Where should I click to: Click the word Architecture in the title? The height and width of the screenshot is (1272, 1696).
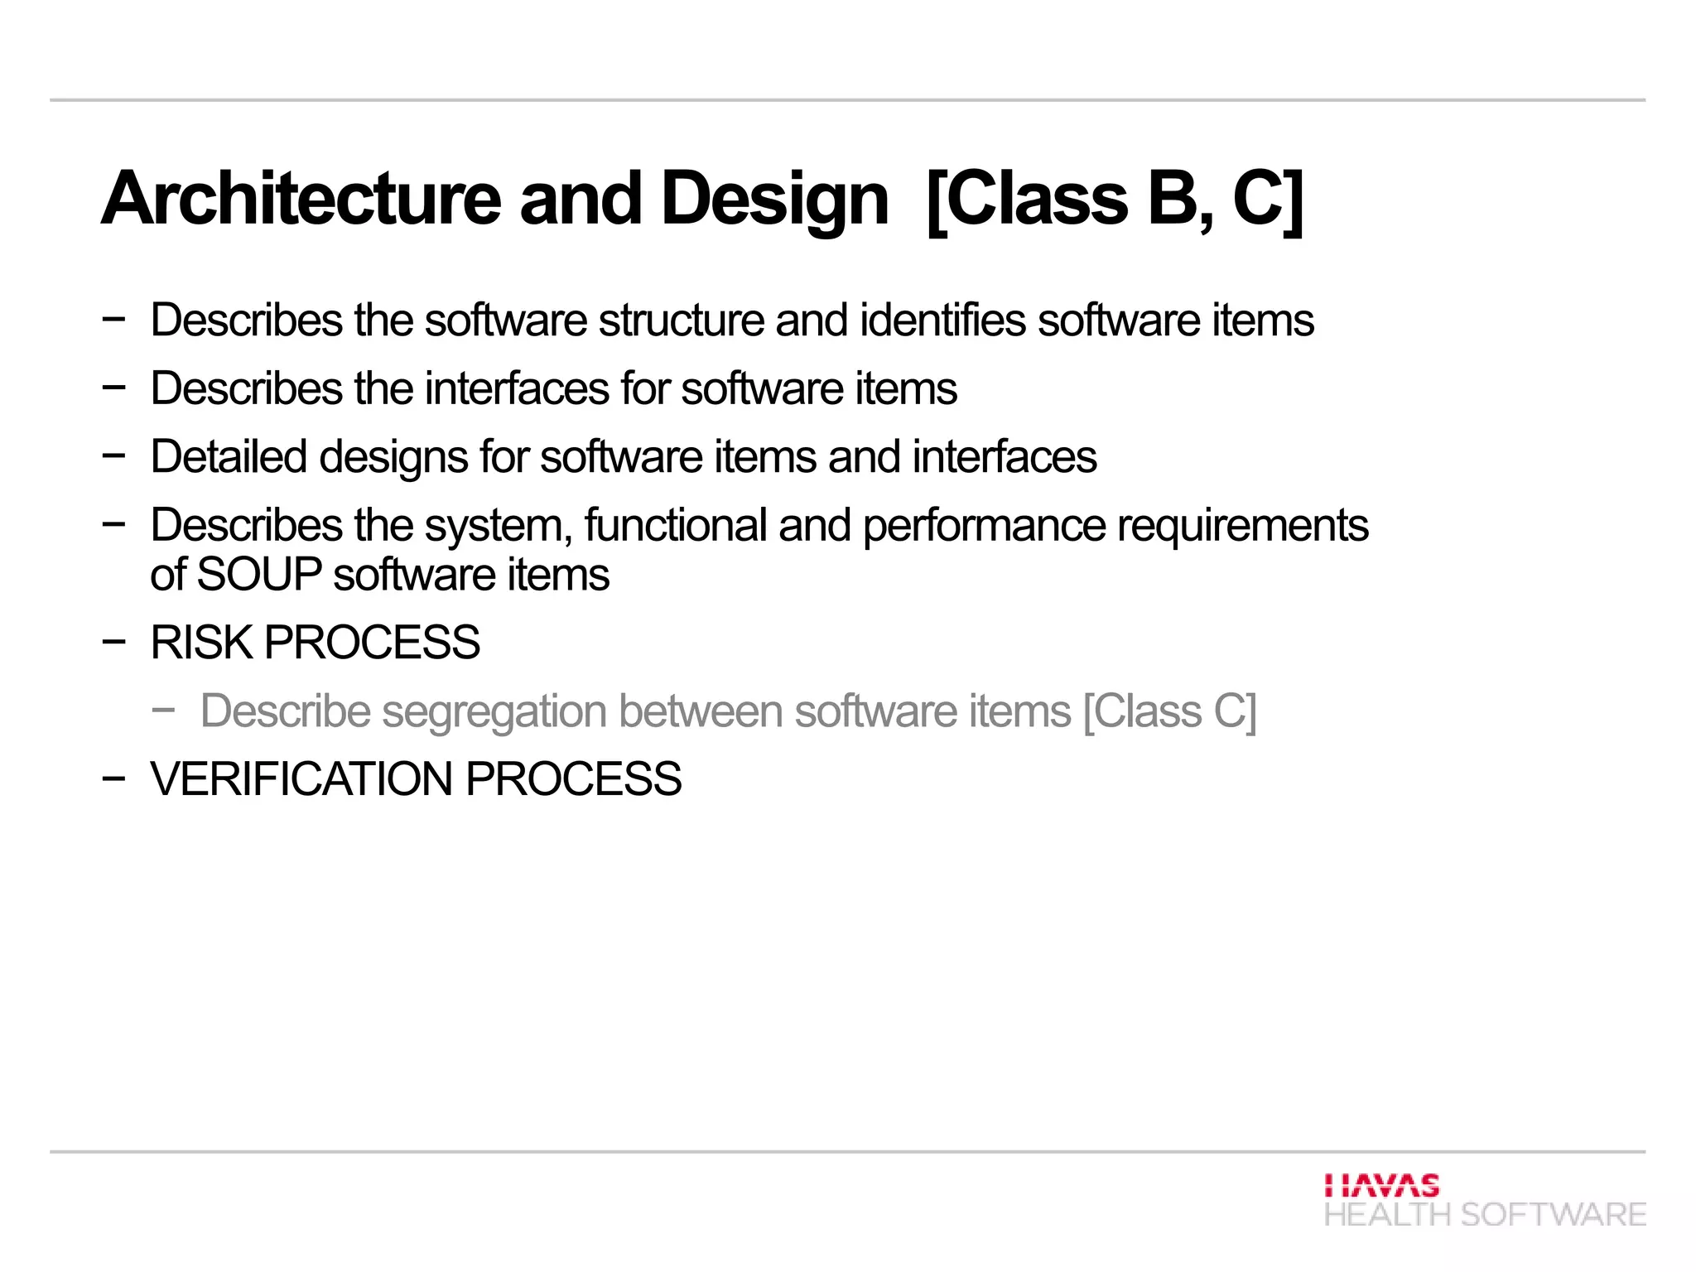tap(301, 199)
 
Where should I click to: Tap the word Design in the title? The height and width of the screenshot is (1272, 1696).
tap(775, 199)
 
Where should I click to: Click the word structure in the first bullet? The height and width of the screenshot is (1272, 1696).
tap(682, 320)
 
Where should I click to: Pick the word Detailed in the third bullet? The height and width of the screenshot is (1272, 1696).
tap(229, 457)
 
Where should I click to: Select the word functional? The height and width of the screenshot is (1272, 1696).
tap(676, 525)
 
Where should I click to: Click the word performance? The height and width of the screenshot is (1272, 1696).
tap(984, 527)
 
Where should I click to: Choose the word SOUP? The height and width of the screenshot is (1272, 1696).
tap(260, 575)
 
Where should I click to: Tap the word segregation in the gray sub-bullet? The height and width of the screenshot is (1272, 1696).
tap(494, 712)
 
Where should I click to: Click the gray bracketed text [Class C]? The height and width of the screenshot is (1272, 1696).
tap(1170, 711)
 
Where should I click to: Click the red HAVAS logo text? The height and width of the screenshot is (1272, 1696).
tap(1381, 1185)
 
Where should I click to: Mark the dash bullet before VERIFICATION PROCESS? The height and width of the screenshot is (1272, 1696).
tap(113, 778)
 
